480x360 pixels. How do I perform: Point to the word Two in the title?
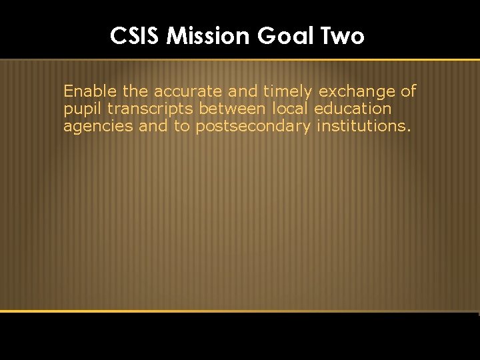pos(343,35)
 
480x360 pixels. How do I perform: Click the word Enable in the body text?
pos(89,91)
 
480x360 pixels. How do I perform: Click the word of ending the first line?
pos(408,91)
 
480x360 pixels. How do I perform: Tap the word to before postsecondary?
pos(182,125)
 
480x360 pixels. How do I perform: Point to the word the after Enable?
pos(135,91)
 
